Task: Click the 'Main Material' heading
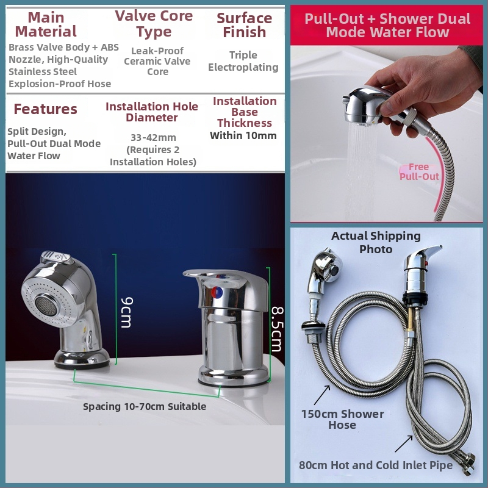coord(46,24)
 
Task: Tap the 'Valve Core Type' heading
coord(154,24)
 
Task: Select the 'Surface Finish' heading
coord(245,25)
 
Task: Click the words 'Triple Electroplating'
coord(243,61)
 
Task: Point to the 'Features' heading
coord(45,109)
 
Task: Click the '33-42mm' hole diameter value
coord(154,137)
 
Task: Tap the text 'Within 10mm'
coord(243,135)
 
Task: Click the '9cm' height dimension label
coord(127,312)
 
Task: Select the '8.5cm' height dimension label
coord(277,329)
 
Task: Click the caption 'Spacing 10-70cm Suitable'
coord(145,406)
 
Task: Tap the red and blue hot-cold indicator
coord(217,293)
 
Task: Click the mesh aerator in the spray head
coord(46,306)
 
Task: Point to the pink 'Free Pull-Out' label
coord(419,172)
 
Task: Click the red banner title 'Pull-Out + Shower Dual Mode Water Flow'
coord(387,25)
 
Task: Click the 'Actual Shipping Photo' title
coord(376,242)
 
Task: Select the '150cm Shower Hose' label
coord(342,419)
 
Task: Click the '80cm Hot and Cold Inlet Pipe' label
coord(376,465)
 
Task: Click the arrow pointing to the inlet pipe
coord(404,443)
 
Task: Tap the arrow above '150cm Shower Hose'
coord(322,395)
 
